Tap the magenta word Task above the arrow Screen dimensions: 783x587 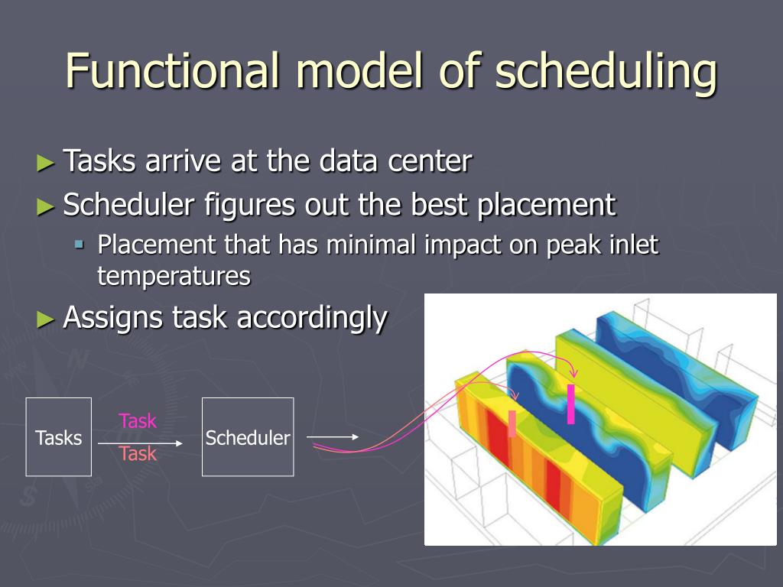pos(138,421)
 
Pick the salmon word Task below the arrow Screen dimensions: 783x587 pos(138,454)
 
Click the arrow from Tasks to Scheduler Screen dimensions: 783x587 pos(141,443)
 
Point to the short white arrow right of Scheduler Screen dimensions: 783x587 pos(333,436)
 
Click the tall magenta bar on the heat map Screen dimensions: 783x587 pos(570,404)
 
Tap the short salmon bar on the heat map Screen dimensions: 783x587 pos(512,423)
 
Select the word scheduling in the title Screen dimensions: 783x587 pos(606,74)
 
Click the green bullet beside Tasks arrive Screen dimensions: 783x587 pos(45,163)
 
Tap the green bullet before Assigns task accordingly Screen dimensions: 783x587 pos(45,319)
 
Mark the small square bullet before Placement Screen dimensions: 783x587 pos(79,245)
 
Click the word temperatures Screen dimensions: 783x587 pos(174,277)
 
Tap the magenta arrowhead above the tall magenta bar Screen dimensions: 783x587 pos(574,373)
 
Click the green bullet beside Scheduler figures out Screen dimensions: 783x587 pos(45,206)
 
